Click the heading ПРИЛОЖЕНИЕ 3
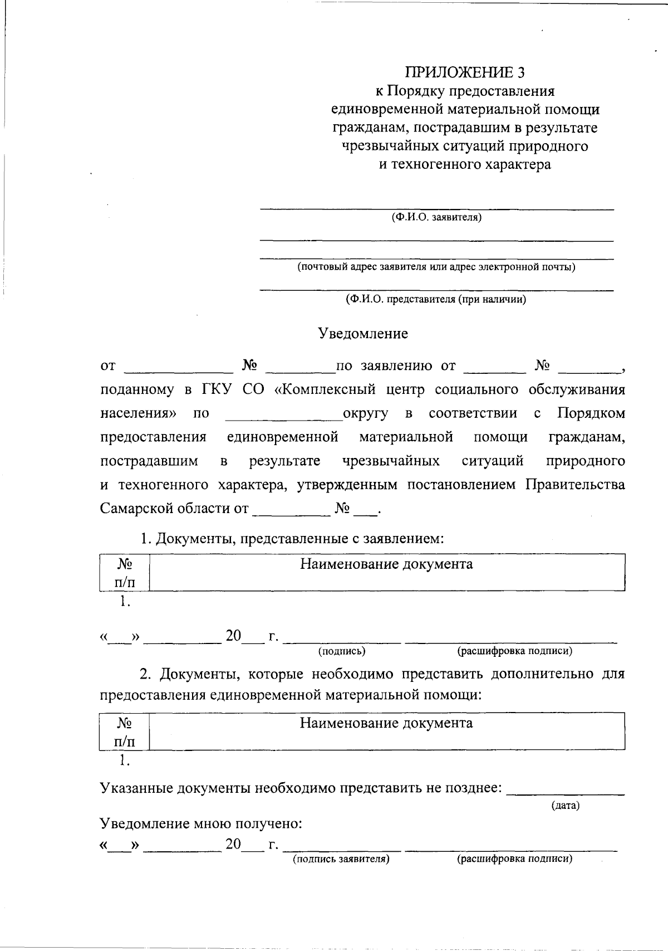pos(465,72)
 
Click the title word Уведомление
pos(363,334)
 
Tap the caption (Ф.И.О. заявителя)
pos(436,217)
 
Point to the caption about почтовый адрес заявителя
pos(436,267)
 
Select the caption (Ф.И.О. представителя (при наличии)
pos(436,299)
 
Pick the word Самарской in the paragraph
pos(136,509)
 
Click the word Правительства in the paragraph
pos(575,485)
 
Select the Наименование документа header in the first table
pos(386,564)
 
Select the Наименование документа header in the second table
pos(386,723)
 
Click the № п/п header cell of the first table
pos(125,573)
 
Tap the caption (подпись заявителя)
pos(341,859)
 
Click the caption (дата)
pos(565,806)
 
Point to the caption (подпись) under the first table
pos(341,651)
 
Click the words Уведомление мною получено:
pos(201,823)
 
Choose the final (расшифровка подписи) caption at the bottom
pos(514,859)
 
